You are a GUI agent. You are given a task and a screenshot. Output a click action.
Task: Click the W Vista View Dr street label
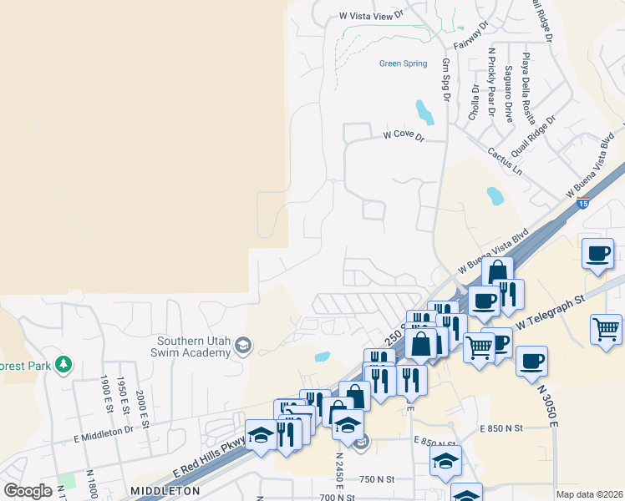click(371, 15)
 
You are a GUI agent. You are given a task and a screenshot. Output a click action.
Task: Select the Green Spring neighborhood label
click(403, 63)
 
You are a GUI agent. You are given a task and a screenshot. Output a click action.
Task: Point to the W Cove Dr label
click(404, 134)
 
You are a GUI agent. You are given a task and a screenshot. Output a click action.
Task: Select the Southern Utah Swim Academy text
click(194, 347)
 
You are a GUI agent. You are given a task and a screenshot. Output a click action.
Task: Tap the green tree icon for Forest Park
click(63, 364)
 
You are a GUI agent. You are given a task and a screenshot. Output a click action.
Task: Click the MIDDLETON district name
click(164, 490)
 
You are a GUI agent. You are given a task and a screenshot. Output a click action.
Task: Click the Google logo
click(28, 491)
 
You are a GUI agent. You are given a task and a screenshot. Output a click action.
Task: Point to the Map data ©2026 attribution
click(589, 494)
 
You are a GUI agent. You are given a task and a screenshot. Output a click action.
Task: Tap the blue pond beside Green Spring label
click(424, 110)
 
